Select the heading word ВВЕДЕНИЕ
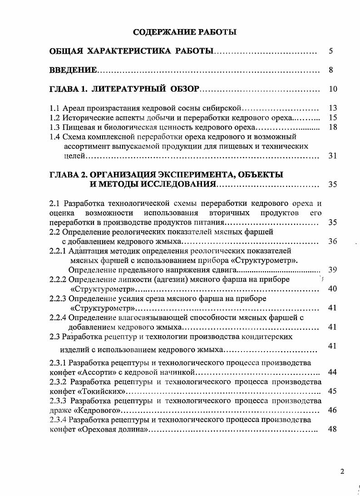tap(73, 70)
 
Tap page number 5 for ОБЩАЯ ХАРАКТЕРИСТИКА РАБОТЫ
tap(331, 51)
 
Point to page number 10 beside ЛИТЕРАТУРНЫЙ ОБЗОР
tap(332, 89)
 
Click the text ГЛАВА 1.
tap(68, 89)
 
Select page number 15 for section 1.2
tap(332, 118)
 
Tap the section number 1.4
tap(54, 137)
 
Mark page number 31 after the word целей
tap(332, 156)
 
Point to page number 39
tap(332, 270)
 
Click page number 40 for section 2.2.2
tap(332, 289)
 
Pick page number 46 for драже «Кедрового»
tap(332, 410)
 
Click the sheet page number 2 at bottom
tap(342, 471)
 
